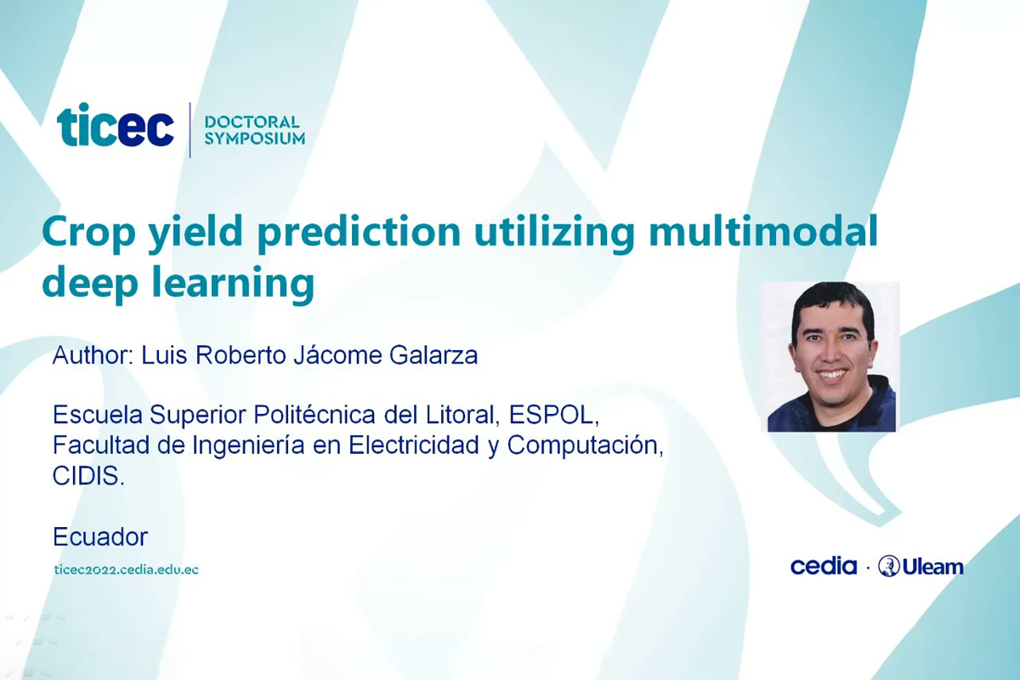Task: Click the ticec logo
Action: tap(116, 124)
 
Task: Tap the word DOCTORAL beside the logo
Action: tap(252, 122)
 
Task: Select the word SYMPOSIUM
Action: tap(254, 138)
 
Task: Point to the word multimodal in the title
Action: tap(762, 231)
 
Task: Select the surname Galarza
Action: tap(433, 355)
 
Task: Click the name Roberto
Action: tap(241, 355)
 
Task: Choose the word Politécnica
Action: tap(314, 415)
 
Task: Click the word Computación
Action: tap(585, 445)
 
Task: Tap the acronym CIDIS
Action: tap(88, 476)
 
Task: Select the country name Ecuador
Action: tap(100, 537)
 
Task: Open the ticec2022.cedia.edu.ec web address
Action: tap(126, 569)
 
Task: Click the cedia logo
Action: tap(824, 567)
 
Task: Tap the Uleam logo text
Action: tap(932, 568)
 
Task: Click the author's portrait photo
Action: tap(831, 357)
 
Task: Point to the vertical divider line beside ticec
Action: tap(190, 130)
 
